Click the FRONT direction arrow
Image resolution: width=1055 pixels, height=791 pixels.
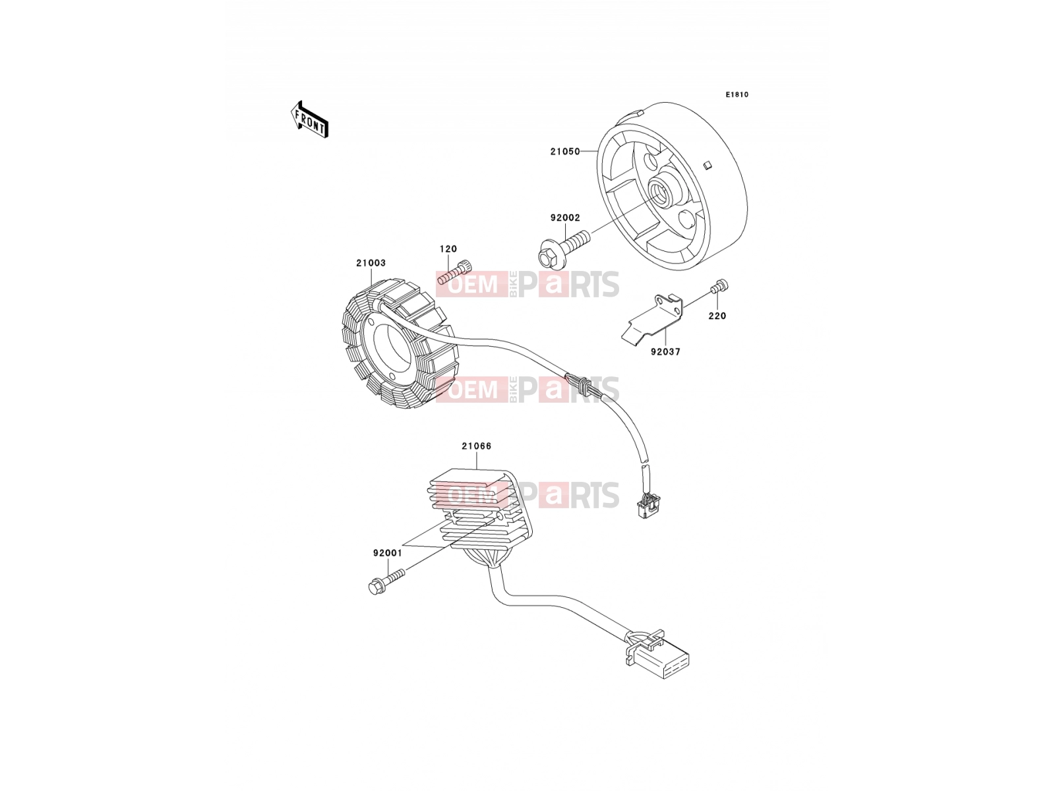click(x=309, y=120)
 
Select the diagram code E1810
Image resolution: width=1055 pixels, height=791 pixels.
click(x=737, y=95)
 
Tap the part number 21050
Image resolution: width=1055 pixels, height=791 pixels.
click(x=565, y=152)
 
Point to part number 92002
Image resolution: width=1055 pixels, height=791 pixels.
click(x=565, y=218)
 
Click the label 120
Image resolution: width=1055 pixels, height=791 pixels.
click(x=448, y=249)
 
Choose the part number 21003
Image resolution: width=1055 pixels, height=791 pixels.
click(x=371, y=263)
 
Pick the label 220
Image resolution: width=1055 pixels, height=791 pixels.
click(x=717, y=316)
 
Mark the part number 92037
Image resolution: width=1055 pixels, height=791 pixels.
click(x=666, y=351)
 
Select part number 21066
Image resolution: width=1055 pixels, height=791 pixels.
click(x=477, y=446)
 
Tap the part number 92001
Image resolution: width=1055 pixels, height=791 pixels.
click(x=388, y=553)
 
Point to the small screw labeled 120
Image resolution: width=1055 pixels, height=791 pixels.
click(x=454, y=272)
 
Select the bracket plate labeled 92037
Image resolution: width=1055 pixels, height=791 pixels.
click(x=653, y=320)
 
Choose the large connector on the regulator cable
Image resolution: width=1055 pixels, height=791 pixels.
click(x=659, y=655)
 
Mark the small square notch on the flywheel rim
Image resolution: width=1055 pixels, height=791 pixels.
click(x=707, y=165)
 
